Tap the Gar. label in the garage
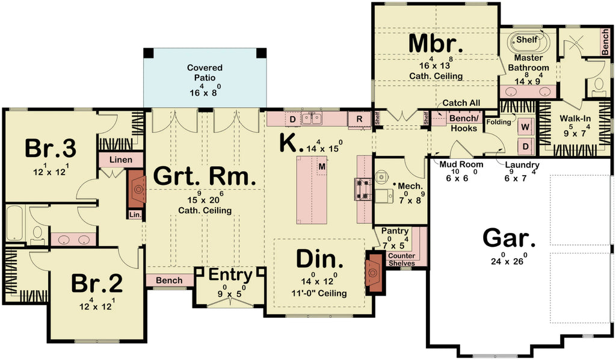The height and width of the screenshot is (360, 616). coord(509,238)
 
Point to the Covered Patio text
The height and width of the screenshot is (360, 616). coord(205,73)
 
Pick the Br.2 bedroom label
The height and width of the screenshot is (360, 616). coord(97,282)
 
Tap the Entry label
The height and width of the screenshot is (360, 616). coord(230,275)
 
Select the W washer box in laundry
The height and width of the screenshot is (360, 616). coord(525,127)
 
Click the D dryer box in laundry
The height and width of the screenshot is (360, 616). coord(525,145)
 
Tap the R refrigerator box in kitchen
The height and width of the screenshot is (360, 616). coord(360,119)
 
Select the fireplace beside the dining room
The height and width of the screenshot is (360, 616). coord(375,272)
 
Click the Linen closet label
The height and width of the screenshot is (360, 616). coord(121,160)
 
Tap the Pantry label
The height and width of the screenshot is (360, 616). coord(395,231)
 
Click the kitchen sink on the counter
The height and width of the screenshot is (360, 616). coord(311,119)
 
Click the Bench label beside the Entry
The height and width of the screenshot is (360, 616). coord(169,281)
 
